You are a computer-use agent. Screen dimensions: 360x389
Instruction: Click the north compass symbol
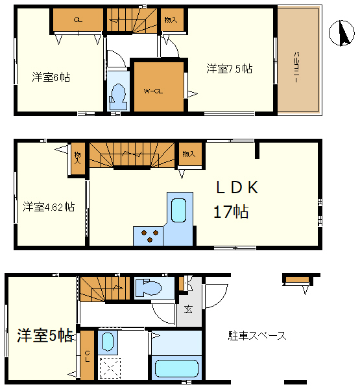(x=342, y=33)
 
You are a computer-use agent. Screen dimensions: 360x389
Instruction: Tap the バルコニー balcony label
(x=296, y=67)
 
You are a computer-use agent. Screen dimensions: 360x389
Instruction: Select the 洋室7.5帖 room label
(x=229, y=69)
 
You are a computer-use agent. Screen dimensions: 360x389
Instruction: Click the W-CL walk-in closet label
(x=153, y=91)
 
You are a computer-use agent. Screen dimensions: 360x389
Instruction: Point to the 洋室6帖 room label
(x=51, y=77)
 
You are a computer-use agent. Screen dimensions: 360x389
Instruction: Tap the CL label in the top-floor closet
(x=78, y=20)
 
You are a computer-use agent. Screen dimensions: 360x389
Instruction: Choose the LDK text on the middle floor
(x=237, y=187)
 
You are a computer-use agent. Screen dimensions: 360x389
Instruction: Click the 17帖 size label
(x=231, y=211)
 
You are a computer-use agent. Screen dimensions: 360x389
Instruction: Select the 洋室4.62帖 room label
(x=49, y=207)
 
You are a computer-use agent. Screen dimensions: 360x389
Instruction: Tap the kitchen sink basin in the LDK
(x=178, y=210)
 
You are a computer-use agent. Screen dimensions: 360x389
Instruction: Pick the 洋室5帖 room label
(x=45, y=336)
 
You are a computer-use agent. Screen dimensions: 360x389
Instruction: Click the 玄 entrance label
(x=188, y=309)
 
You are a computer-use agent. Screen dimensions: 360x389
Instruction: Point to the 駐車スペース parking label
(x=258, y=336)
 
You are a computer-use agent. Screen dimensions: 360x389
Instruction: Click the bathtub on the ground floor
(x=176, y=369)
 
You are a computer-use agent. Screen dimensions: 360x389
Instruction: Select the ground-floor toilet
(x=149, y=287)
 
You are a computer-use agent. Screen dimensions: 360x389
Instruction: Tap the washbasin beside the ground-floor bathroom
(x=108, y=342)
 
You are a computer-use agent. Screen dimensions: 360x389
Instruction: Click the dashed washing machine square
(x=110, y=368)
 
